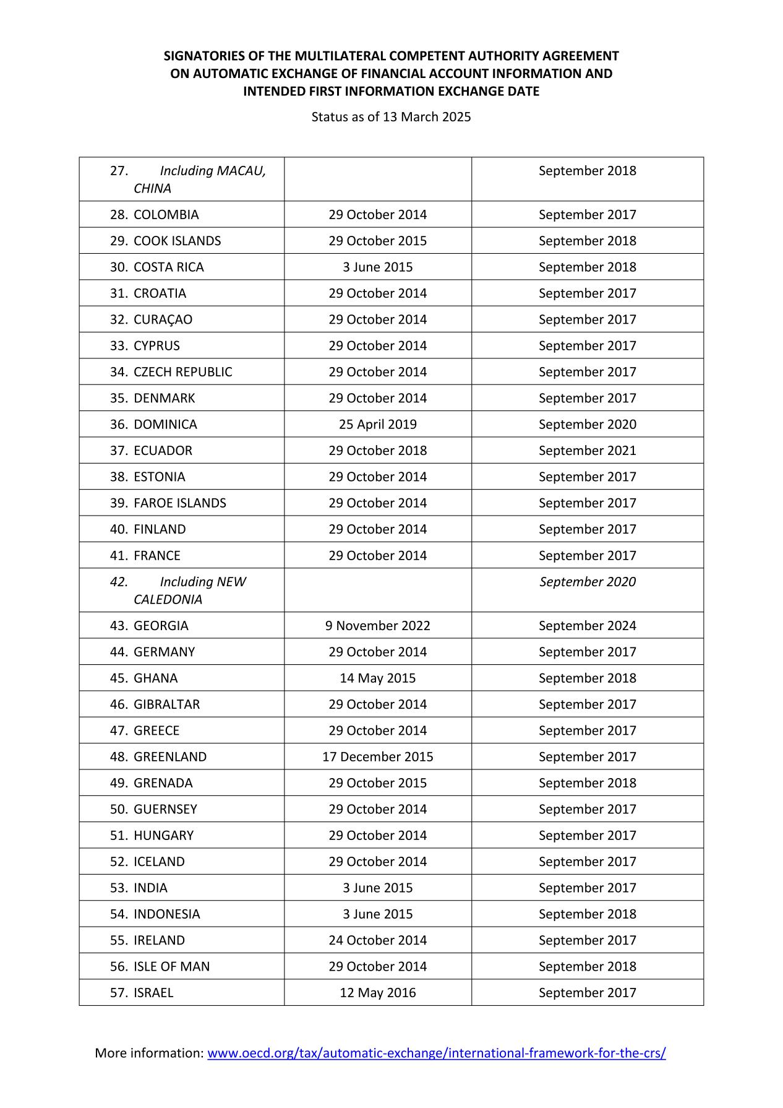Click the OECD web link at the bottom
436,1053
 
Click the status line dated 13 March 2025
391,116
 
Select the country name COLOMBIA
166,215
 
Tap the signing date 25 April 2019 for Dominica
377,424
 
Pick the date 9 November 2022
377,625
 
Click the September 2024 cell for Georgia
587,625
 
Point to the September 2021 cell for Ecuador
587,450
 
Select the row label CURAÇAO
163,319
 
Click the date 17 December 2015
377,756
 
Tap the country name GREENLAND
170,756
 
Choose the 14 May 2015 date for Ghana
377,678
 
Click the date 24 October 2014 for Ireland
377,940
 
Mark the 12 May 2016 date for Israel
377,992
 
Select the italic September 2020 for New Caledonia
587,581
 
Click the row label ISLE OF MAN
171,966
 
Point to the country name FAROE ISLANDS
180,503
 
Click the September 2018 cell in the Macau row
587,170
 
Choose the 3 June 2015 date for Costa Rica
377,267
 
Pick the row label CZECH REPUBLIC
183,371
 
